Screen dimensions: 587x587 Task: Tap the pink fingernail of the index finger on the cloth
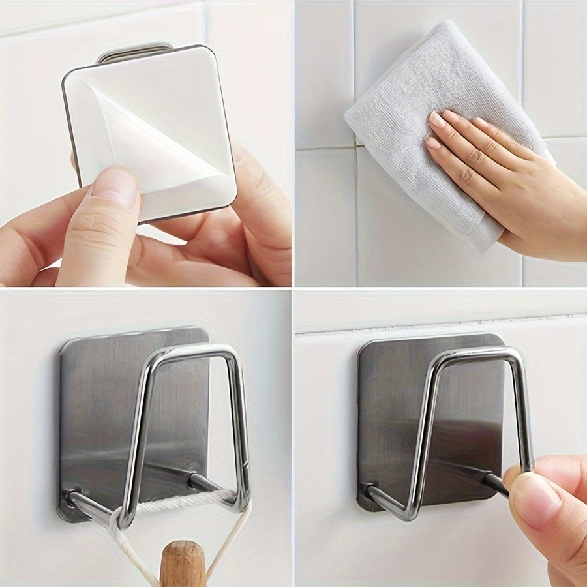[436, 120]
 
